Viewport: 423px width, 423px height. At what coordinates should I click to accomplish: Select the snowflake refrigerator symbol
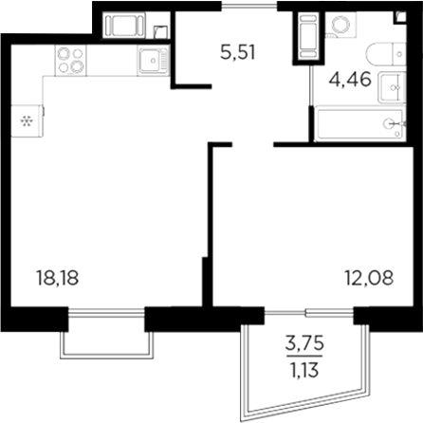tap(26, 120)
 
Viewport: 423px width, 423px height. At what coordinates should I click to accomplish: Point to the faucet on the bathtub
tap(391, 122)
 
